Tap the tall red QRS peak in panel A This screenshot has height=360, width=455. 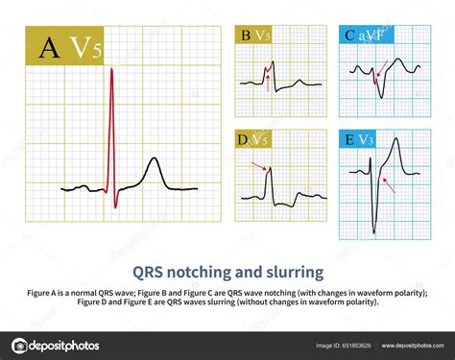click(x=112, y=72)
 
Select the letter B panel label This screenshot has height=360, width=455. click(x=246, y=37)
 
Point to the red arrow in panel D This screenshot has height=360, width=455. click(x=258, y=166)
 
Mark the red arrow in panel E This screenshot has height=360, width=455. click(x=385, y=181)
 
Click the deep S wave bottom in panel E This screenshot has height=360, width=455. click(x=374, y=230)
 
